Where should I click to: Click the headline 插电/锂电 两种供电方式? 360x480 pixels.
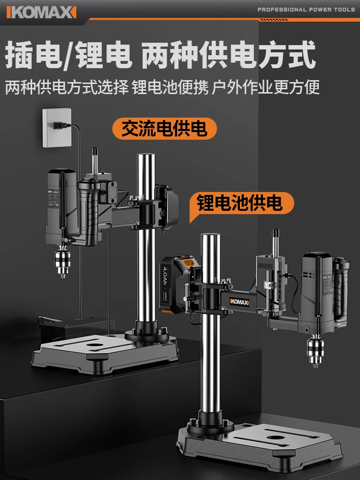point(160,55)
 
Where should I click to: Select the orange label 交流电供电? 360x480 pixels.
point(164,129)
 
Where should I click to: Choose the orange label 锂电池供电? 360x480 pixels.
point(239,203)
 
